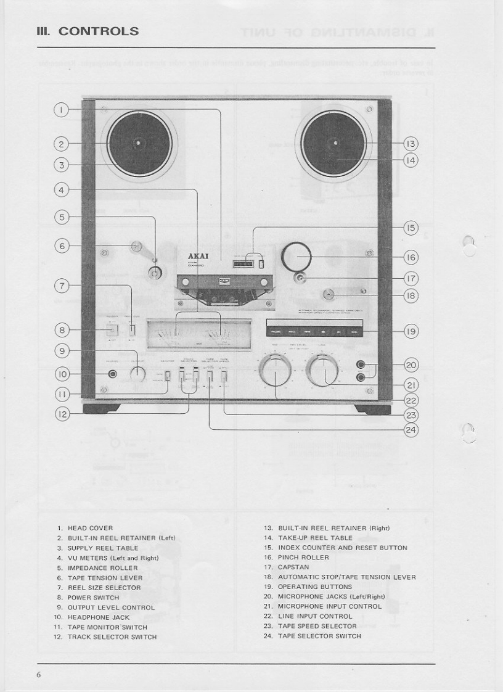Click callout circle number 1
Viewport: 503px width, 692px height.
point(61,110)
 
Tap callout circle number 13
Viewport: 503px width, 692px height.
point(411,144)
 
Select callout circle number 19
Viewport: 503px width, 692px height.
point(411,331)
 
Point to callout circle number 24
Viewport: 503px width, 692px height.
point(411,430)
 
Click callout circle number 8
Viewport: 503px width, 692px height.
point(61,330)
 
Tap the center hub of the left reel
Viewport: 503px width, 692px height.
point(138,144)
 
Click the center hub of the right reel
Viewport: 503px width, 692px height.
point(337,144)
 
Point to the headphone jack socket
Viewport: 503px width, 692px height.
point(112,373)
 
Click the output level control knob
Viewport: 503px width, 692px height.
point(139,373)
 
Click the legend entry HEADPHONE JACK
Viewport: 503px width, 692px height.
point(97,617)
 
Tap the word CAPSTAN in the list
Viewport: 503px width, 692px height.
point(293,567)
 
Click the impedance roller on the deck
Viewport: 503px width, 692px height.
point(153,272)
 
